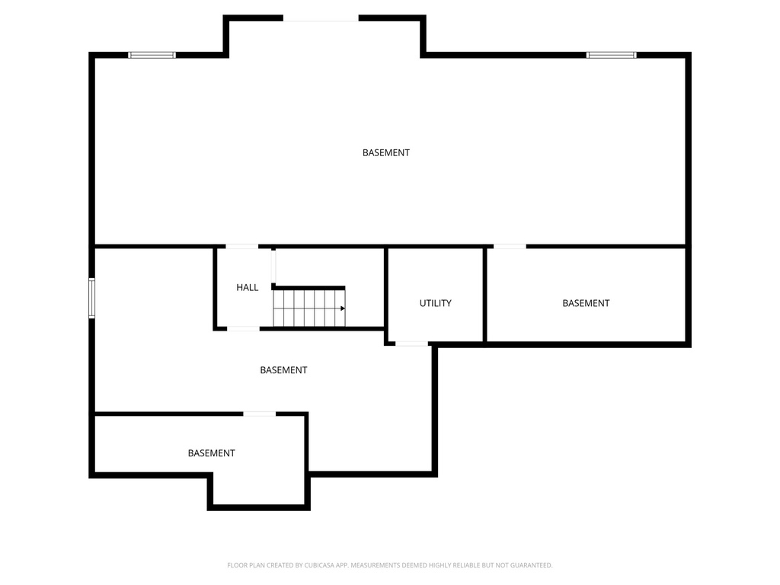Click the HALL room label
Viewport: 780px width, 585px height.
248,288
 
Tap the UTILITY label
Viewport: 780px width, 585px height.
436,303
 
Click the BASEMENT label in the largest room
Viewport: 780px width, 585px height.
386,152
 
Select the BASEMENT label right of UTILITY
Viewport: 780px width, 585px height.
586,303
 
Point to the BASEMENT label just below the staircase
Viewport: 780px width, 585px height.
283,370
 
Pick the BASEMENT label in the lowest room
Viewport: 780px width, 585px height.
212,453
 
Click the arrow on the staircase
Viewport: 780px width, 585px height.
342,308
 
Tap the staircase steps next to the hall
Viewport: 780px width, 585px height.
308,308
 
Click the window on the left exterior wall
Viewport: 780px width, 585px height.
92,298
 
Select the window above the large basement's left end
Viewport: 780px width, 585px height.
152,55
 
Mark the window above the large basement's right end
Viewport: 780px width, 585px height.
611,55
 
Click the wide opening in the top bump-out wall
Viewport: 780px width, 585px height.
321,18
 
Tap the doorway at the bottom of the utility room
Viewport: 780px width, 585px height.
412,344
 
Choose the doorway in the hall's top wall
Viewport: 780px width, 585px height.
241,247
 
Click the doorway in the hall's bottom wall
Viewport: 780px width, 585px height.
244,328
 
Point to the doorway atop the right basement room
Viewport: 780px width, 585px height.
510,247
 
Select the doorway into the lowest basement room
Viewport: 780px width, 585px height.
259,414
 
